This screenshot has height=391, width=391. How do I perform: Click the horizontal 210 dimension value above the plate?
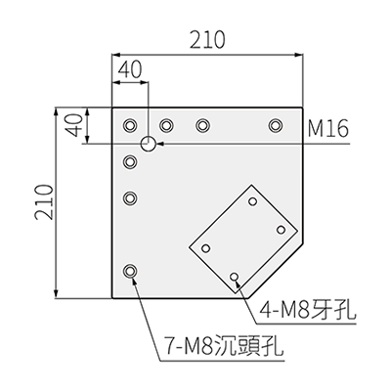click(x=207, y=39)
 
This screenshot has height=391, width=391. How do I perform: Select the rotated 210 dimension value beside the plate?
click(x=44, y=202)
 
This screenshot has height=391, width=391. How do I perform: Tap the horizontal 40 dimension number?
click(x=130, y=70)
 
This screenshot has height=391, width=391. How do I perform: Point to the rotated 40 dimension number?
click(x=74, y=125)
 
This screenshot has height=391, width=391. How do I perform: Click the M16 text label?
click(x=328, y=128)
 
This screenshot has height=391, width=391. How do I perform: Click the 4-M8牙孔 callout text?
click(x=307, y=309)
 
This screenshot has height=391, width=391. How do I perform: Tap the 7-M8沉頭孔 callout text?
click(x=224, y=346)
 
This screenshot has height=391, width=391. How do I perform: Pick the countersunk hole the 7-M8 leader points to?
click(x=130, y=271)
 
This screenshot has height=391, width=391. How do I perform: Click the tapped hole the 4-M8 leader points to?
click(x=235, y=277)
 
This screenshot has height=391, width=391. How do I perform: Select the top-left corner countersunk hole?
click(x=130, y=125)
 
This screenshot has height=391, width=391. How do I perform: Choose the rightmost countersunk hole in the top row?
click(x=276, y=125)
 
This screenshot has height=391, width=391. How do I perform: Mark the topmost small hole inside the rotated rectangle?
click(x=252, y=201)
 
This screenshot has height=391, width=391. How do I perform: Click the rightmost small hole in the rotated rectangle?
click(x=281, y=230)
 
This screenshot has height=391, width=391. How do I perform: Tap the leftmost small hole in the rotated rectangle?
click(x=205, y=248)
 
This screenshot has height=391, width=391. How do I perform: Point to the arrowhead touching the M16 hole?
click(x=159, y=144)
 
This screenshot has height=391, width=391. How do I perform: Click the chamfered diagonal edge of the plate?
click(x=276, y=270)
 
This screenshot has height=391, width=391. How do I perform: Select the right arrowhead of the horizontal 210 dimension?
click(x=299, y=55)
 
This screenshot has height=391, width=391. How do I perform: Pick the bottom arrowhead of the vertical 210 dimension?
click(x=57, y=293)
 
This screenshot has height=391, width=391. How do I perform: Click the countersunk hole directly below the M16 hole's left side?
click(x=130, y=161)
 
